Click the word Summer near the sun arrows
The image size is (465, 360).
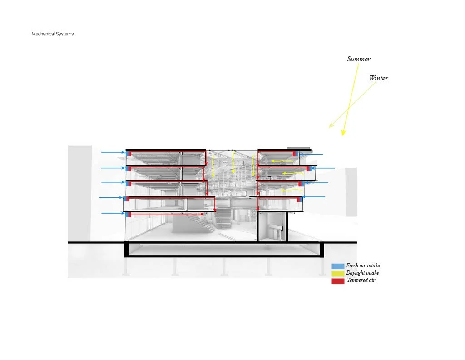[x=359, y=59]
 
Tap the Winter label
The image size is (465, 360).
[x=378, y=78]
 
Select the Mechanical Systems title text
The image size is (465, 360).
[x=52, y=34]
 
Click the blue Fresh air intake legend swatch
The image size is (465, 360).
[x=337, y=266]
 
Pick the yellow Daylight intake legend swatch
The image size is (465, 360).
[x=337, y=273]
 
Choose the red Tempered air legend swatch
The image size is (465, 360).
[x=337, y=281]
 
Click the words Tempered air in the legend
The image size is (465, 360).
[x=361, y=280]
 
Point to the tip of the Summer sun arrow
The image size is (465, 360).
[x=343, y=135]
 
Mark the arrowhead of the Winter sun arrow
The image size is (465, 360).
[x=330, y=127]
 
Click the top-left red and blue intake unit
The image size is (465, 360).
[x=128, y=154]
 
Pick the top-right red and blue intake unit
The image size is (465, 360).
[x=295, y=154]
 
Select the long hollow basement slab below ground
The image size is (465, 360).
[x=223, y=250]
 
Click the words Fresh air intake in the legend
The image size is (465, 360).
[x=363, y=265]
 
